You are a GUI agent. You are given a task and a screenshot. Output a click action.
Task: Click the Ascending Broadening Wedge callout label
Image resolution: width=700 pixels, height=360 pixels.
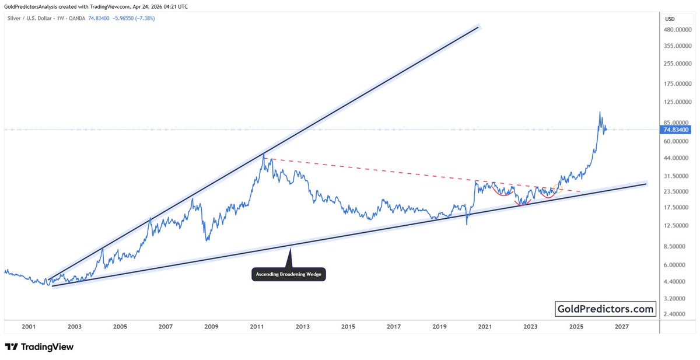point(289,274)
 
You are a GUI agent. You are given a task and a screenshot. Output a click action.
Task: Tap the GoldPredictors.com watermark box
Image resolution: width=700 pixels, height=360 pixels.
point(606,309)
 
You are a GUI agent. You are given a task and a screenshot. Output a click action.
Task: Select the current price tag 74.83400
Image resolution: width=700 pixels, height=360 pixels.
point(677,130)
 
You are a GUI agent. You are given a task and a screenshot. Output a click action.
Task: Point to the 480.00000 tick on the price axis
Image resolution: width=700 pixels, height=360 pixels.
point(677,30)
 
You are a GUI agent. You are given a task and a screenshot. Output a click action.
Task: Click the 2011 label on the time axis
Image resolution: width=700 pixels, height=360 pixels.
point(257,327)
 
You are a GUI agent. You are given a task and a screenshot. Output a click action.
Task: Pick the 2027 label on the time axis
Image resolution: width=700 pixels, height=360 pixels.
point(621,327)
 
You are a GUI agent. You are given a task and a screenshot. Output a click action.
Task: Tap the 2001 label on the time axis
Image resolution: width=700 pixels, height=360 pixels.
point(29,327)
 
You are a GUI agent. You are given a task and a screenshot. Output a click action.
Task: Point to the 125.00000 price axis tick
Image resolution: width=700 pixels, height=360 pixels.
point(677,102)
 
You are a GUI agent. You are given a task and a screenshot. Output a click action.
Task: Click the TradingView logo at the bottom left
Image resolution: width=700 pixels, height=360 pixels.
point(39,347)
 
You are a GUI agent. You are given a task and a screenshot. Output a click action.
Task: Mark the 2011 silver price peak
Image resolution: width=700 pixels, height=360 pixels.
point(264,154)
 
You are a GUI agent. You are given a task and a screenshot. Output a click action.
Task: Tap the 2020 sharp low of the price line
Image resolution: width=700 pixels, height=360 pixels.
point(467,224)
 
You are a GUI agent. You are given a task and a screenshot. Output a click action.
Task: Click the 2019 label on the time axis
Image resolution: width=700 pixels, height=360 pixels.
point(439,327)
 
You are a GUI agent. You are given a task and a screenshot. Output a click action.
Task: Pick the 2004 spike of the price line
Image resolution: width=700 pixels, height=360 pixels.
point(103,249)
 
